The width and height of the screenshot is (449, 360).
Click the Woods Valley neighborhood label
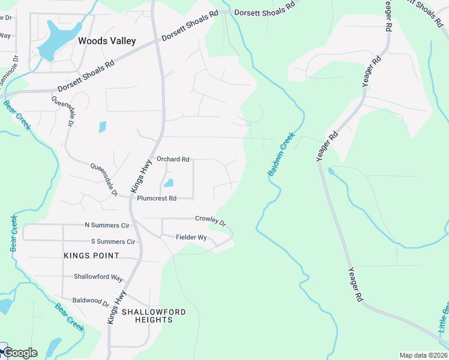(107, 41)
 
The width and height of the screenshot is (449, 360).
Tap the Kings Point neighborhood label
(91, 256)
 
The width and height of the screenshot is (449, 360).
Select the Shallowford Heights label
(154, 316)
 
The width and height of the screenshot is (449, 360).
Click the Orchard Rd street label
(173, 159)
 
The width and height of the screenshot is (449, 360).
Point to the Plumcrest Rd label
(157, 198)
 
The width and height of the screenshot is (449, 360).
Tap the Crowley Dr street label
(211, 220)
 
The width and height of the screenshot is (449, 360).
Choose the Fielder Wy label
(191, 238)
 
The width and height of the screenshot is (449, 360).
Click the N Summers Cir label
(107, 226)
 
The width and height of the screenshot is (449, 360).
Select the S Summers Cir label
(113, 242)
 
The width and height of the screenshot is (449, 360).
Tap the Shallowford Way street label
(98, 278)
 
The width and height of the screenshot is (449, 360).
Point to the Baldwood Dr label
(90, 304)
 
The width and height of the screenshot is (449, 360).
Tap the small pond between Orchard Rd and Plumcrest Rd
(169, 183)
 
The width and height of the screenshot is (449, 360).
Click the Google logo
(19, 353)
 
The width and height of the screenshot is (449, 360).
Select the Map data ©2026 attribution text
(423, 355)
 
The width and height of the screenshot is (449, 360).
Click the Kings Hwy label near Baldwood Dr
(117, 307)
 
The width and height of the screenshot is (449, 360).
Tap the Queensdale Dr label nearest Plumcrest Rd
(103, 178)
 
